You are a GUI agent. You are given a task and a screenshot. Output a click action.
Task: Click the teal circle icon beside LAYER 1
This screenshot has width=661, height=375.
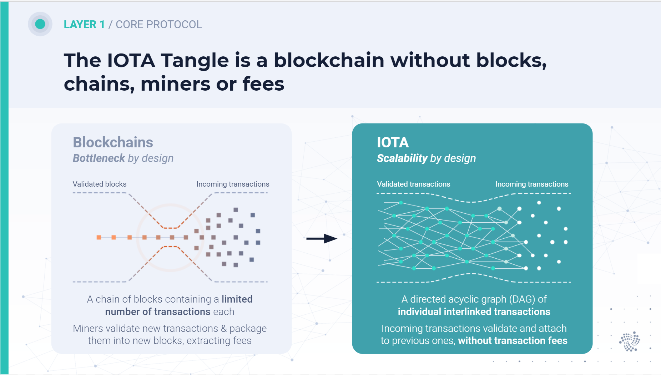(40, 24)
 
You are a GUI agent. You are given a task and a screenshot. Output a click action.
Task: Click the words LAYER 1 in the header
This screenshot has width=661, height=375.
(84, 25)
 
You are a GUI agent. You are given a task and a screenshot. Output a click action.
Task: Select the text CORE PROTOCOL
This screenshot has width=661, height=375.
(159, 25)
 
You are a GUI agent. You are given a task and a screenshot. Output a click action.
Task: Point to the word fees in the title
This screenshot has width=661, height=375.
(263, 84)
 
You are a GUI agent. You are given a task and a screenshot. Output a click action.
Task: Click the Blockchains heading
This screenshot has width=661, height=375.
(113, 142)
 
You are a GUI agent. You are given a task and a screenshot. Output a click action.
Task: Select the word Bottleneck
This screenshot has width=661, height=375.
(99, 158)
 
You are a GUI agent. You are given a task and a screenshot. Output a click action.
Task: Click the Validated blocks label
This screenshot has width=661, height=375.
(100, 184)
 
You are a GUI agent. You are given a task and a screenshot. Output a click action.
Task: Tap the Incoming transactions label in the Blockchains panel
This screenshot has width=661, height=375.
(233, 184)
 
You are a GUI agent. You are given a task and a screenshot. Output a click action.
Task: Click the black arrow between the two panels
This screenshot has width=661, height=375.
(322, 238)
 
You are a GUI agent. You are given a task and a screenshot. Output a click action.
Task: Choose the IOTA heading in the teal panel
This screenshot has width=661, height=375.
(393, 142)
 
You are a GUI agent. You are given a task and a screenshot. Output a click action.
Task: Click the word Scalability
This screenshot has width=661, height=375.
(402, 158)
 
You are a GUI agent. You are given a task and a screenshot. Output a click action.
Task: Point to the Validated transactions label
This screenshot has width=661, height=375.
(414, 184)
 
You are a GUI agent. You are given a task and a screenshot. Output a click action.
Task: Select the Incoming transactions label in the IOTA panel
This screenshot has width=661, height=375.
(532, 184)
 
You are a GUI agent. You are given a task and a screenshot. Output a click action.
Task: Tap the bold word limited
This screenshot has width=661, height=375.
(237, 299)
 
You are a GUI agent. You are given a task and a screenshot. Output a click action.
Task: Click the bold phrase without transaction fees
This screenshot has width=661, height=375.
(513, 341)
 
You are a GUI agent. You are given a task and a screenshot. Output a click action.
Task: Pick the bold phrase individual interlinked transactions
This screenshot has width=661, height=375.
(474, 311)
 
